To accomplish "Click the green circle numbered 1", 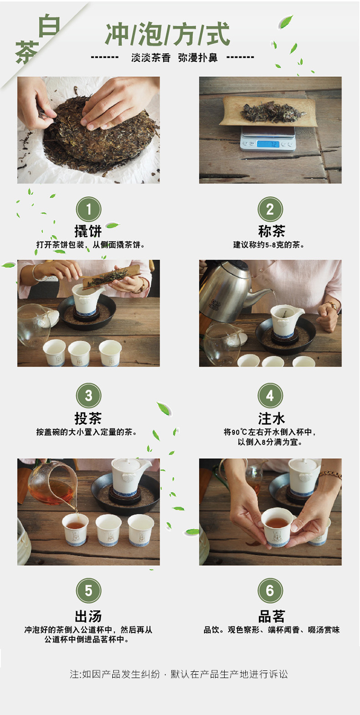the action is point(88,209).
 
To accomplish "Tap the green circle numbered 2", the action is point(270,209).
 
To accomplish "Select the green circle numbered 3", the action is point(88,395).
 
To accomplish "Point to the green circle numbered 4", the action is point(270,395).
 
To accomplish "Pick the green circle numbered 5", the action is point(88,591).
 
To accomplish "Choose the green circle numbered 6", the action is point(270,591).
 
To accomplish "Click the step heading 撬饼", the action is point(88,231).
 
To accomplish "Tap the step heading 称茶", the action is point(271,231).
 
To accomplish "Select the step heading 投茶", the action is point(88,418).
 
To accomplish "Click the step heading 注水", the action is point(271,418).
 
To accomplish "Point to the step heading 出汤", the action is point(88,616).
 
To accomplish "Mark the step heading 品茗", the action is point(271,616).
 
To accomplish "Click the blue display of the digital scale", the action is point(268,144).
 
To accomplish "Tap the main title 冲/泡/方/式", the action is point(168,35).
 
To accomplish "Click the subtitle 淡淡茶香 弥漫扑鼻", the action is point(174,58).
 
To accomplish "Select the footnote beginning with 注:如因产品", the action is point(179,674).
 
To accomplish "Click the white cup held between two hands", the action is point(277,526).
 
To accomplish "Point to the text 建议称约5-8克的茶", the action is point(268,245).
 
